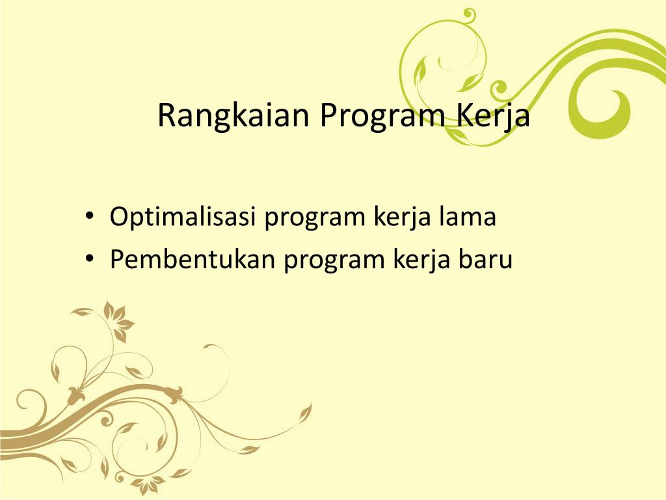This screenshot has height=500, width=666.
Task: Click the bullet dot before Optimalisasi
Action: click(x=90, y=217)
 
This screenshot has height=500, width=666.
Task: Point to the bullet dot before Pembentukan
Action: click(x=90, y=260)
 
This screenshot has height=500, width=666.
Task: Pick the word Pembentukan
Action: click(x=191, y=259)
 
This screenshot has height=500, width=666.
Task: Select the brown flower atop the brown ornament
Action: click(x=117, y=319)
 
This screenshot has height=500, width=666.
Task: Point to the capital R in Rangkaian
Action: click(x=166, y=116)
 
